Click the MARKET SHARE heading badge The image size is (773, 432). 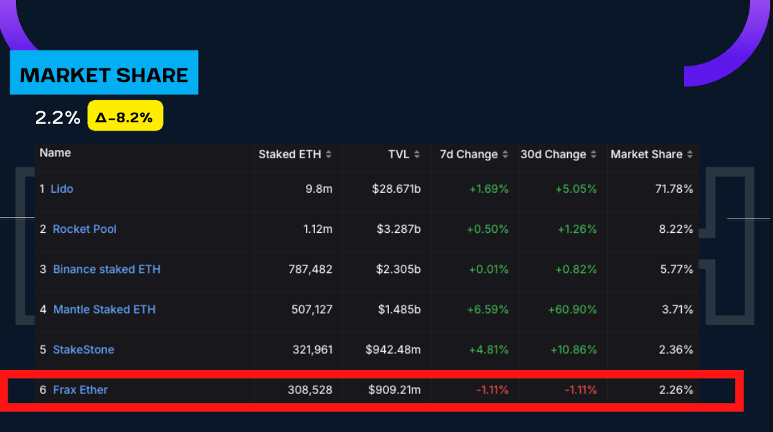104,73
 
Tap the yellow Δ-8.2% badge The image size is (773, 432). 125,117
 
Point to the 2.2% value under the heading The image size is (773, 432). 57,118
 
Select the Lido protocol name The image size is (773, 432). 61,189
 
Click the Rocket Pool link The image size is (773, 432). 84,229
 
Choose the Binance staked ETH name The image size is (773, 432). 106,269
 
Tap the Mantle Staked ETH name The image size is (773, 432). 104,309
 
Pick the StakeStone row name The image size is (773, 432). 83,349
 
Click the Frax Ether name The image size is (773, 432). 80,390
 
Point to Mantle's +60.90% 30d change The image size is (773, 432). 572,309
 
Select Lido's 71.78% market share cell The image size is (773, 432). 674,189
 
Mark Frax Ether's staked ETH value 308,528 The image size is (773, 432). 309,390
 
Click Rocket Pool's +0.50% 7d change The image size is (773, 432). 488,229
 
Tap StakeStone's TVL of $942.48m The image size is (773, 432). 393,349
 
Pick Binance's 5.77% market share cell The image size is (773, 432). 676,269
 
